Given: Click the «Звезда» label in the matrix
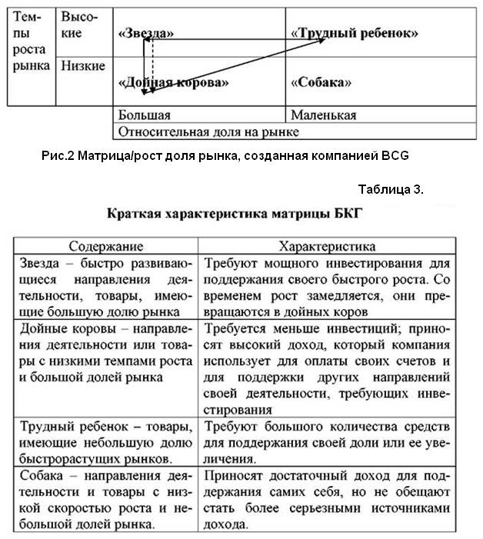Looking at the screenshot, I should pyautogui.click(x=146, y=35).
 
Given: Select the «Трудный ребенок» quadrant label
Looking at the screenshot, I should pyautogui.click(x=355, y=34).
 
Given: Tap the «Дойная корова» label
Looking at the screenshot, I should pyautogui.click(x=174, y=82).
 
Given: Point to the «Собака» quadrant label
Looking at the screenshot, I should pyautogui.click(x=321, y=82).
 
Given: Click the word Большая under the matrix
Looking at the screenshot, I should pyautogui.click(x=144, y=115).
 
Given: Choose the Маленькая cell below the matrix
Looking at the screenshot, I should pyautogui.click(x=323, y=115).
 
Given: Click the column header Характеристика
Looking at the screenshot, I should pyautogui.click(x=327, y=247).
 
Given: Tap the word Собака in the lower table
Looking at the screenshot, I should pyautogui.click(x=38, y=477).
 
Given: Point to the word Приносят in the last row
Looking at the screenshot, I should pyautogui.click(x=234, y=477).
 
